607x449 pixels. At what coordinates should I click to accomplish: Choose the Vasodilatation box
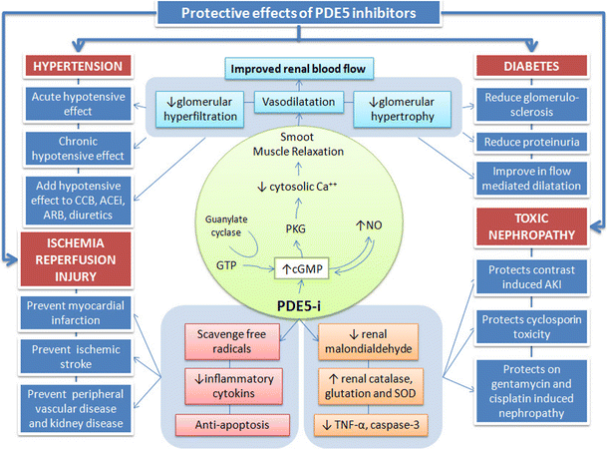302,102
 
